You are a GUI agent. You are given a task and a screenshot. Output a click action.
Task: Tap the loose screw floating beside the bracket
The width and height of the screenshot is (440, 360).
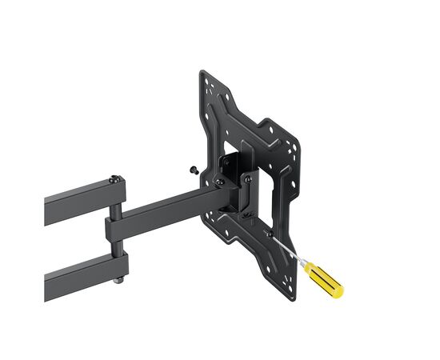[x=194, y=170]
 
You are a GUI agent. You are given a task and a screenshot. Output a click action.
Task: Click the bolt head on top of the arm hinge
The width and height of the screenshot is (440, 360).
[x=117, y=178]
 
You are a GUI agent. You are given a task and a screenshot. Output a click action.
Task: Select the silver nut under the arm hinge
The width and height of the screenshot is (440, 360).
[x=118, y=279]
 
